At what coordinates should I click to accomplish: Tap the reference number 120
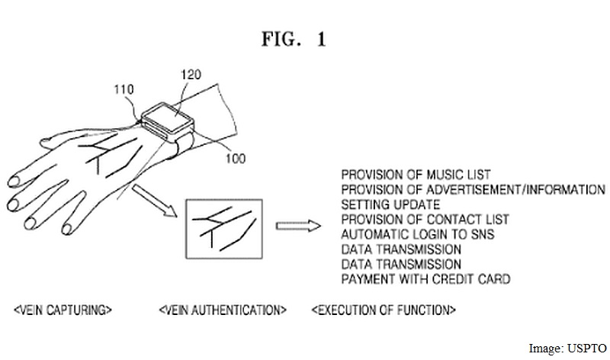[x=192, y=75]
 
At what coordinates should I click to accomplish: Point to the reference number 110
[x=123, y=90]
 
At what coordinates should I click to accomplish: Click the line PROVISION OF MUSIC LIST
[x=416, y=175]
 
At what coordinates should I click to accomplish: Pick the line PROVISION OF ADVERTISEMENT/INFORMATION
[x=473, y=190]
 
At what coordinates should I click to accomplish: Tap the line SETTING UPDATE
[x=390, y=204]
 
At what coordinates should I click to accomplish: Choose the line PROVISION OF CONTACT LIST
[x=425, y=220]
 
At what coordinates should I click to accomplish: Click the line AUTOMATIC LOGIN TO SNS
[x=418, y=234]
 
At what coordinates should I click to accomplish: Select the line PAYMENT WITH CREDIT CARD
[x=425, y=279]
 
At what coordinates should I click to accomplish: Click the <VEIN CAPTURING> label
[x=63, y=310]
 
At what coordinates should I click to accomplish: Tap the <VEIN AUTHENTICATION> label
[x=223, y=310]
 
